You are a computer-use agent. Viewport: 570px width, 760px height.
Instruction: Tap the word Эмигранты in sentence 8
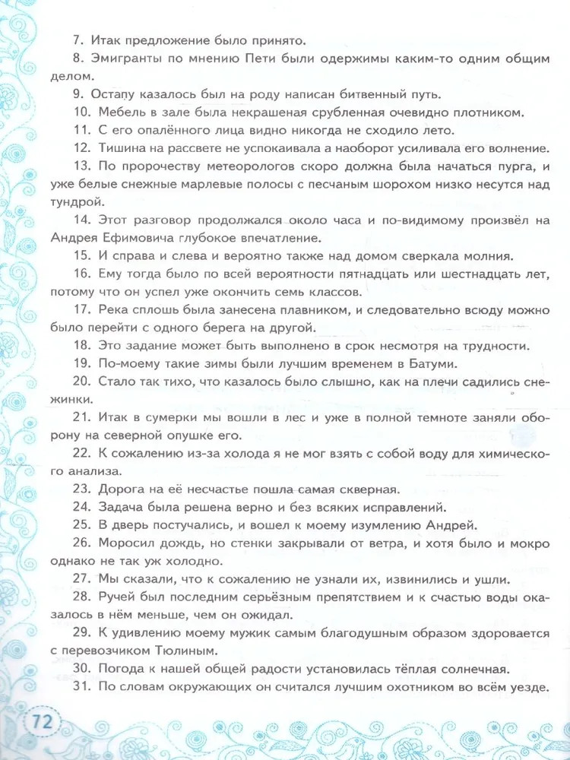133,57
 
